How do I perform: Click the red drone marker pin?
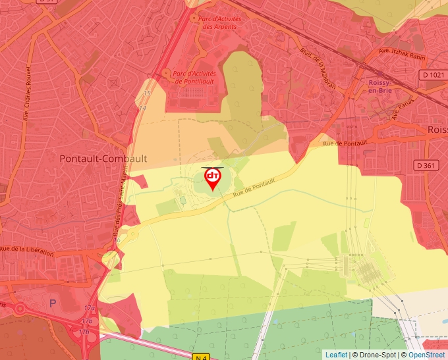click(x=213, y=178)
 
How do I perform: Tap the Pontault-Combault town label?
click(x=103, y=159)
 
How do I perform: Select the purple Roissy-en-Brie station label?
click(x=380, y=87)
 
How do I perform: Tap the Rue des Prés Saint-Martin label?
click(x=121, y=201)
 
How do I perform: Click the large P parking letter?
click(x=53, y=303)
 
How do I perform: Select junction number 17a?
click(x=89, y=308)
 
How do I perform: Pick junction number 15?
click(x=147, y=93)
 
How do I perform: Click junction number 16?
click(x=117, y=240)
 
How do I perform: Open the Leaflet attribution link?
click(x=336, y=355)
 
